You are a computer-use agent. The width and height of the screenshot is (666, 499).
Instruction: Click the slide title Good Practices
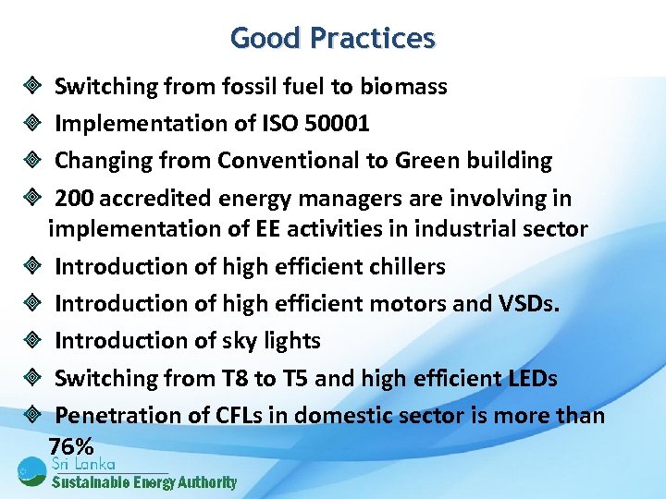point(332,38)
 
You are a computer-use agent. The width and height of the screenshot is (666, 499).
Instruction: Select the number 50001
point(337,124)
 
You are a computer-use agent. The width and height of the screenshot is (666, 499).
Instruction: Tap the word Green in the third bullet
point(426,161)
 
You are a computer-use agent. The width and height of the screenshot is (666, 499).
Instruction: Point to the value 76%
point(70,444)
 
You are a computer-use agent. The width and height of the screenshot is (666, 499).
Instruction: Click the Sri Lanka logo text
point(83,464)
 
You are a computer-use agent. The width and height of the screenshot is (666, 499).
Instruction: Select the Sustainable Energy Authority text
point(144,482)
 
